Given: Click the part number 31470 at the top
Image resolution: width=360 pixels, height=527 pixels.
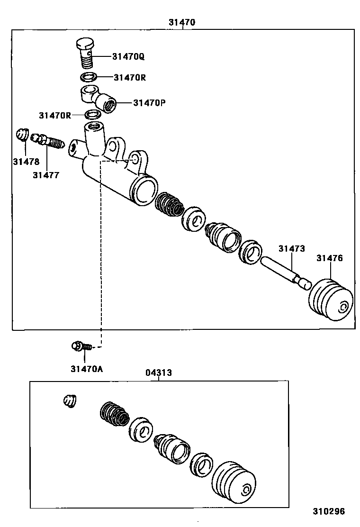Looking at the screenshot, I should pyautogui.click(x=182, y=22).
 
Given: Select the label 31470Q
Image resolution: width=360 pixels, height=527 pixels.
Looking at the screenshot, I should pyautogui.click(x=128, y=56).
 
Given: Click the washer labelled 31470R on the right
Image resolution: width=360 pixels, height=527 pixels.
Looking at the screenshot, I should pyautogui.click(x=89, y=77).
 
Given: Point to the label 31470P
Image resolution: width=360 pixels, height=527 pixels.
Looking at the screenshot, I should pyautogui.click(x=149, y=102).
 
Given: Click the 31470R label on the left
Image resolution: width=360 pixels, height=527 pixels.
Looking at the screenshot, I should pyautogui.click(x=55, y=115).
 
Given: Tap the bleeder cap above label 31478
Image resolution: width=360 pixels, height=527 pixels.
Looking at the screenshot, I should pyautogui.click(x=21, y=135).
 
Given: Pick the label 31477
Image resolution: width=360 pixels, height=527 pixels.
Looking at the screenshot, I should pyautogui.click(x=46, y=175).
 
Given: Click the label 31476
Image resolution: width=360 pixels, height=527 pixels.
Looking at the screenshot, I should pyautogui.click(x=330, y=258).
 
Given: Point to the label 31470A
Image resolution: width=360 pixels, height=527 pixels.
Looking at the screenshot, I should pyautogui.click(x=87, y=369).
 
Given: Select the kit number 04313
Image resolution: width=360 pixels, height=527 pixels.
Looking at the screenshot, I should pyautogui.click(x=158, y=373).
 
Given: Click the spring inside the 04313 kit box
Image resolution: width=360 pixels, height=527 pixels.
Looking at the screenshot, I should pyautogui.click(x=114, y=413).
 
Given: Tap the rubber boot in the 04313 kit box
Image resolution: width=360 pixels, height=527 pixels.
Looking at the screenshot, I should pyautogui.click(x=234, y=481).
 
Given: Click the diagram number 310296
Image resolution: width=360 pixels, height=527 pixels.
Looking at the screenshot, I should pyautogui.click(x=328, y=511).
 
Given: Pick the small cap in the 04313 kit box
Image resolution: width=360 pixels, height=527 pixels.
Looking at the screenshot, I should pyautogui.click(x=70, y=401).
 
